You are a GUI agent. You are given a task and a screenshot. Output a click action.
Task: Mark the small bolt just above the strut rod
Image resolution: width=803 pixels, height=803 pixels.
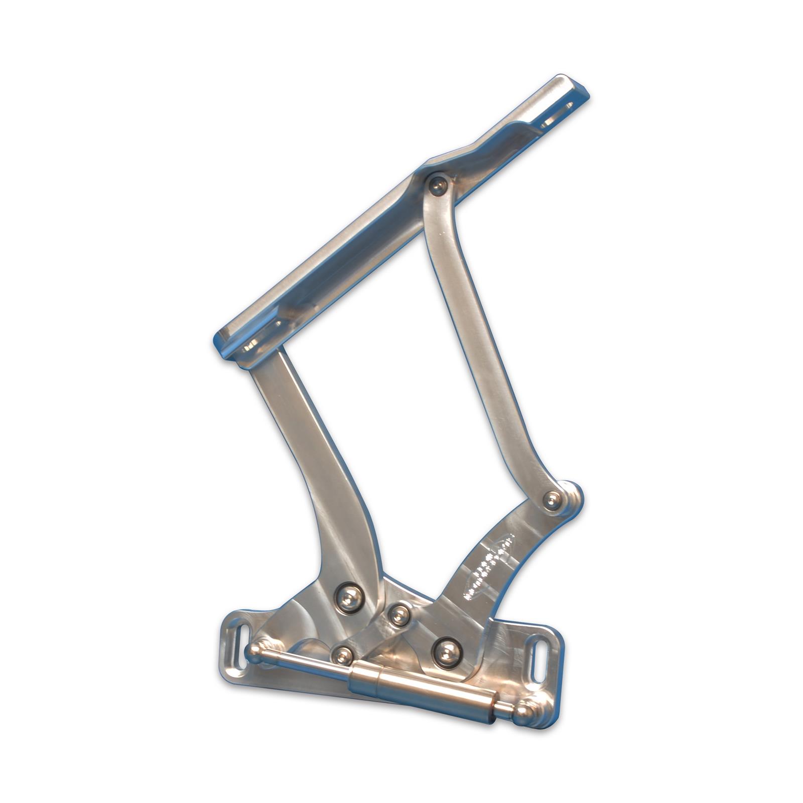[343, 653]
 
